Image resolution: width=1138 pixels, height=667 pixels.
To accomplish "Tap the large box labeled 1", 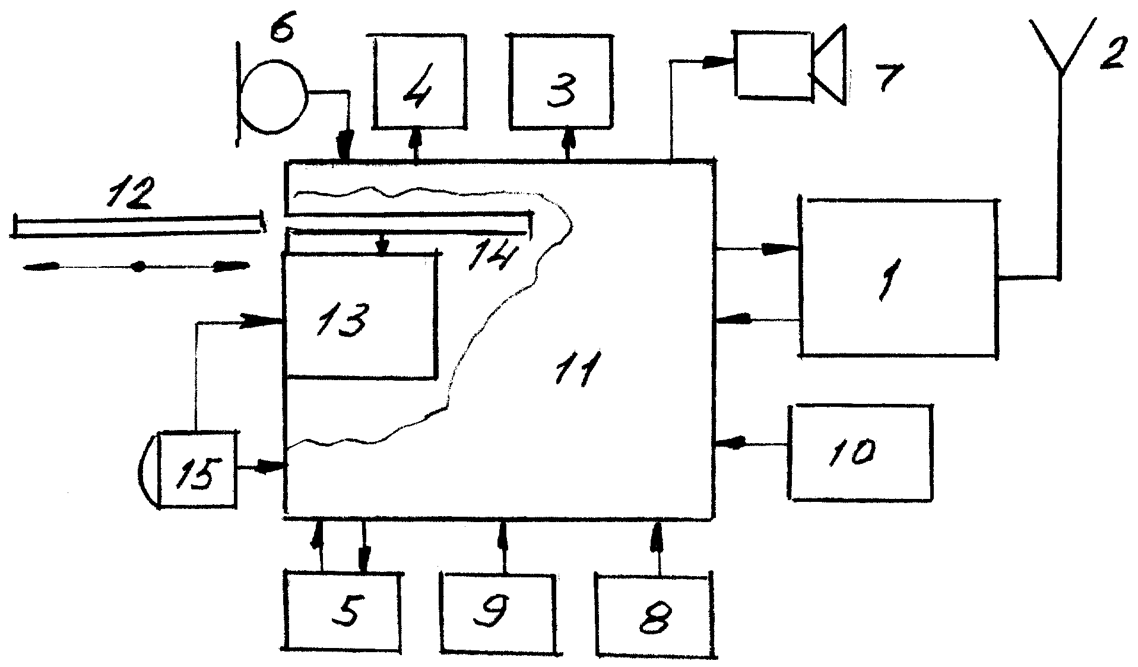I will (898, 277).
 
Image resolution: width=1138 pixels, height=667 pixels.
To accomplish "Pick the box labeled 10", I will (860, 452).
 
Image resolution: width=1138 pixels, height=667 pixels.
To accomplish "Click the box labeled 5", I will (343, 612).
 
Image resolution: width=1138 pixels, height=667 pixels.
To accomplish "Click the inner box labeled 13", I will (360, 317).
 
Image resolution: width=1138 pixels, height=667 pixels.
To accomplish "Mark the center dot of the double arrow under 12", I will (138, 267).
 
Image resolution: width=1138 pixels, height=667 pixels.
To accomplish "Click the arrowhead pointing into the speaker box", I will (718, 62).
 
